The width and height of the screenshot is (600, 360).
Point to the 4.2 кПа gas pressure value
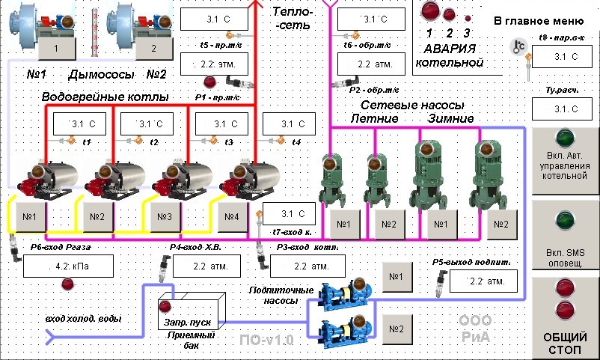point(73,266)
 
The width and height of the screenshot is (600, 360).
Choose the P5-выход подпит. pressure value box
point(482,281)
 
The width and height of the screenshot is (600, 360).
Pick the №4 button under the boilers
point(231,217)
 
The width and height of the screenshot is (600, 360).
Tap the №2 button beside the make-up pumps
point(395,327)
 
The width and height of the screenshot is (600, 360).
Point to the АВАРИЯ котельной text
point(448,57)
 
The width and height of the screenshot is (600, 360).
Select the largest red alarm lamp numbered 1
point(429,11)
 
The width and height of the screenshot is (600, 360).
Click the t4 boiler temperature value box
point(290,124)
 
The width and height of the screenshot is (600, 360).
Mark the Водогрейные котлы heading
point(105,98)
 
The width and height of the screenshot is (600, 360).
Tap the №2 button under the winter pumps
point(500,224)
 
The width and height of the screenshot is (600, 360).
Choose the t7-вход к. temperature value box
point(290,214)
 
